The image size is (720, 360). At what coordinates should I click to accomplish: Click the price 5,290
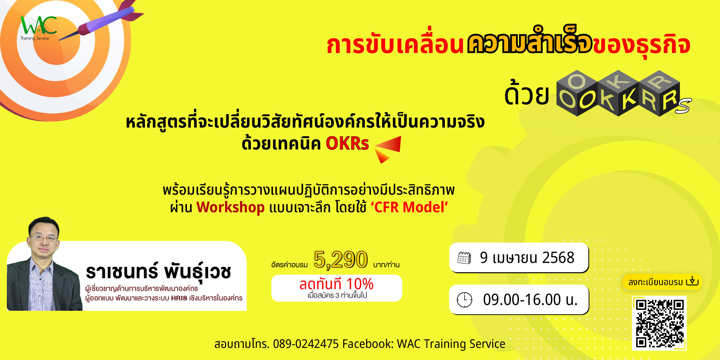tap(341, 260)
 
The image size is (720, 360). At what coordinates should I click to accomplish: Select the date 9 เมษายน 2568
tap(527, 257)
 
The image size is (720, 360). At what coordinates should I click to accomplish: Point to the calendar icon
tap(464, 258)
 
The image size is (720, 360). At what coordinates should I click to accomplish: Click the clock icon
tap(465, 300)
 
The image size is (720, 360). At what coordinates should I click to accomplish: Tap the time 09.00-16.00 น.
tap(530, 300)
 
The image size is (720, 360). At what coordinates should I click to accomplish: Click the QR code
tap(659, 323)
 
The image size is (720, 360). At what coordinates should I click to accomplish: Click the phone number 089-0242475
tap(306, 344)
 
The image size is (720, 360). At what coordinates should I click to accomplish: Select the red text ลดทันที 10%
tap(336, 284)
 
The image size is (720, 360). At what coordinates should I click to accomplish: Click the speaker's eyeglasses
tap(44, 238)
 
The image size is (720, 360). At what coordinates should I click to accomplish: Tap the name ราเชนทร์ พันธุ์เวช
tap(158, 271)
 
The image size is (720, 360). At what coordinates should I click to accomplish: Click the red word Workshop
tap(230, 207)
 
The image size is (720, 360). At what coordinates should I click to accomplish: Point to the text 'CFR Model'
tap(409, 207)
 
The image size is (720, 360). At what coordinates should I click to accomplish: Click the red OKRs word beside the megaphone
tap(347, 143)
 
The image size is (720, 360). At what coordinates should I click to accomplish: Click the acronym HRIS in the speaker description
tap(179, 298)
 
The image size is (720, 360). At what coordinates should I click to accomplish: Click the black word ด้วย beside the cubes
tap(527, 93)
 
